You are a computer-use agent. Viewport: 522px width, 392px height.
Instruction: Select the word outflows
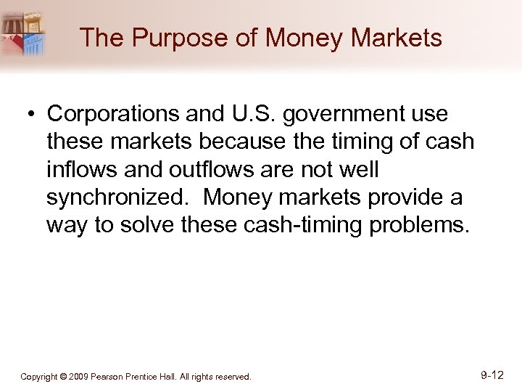coord(201,169)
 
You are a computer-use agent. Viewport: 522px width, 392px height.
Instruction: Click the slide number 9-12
coord(492,375)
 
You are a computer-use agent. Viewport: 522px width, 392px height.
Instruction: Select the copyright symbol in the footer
coord(63,377)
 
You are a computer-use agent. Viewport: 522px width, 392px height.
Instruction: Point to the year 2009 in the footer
coord(79,377)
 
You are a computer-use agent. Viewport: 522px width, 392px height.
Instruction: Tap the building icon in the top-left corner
coord(25,33)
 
